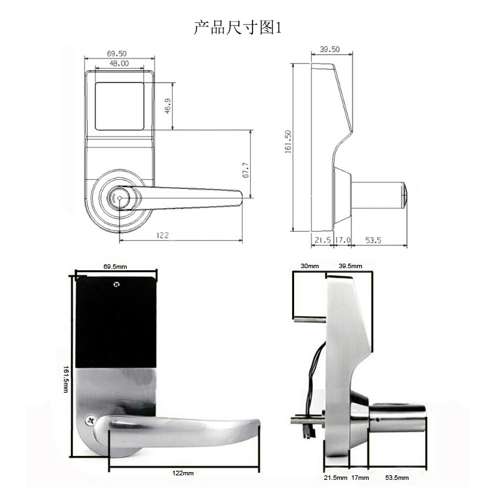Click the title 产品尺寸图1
(x=238, y=27)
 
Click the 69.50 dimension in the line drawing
(x=117, y=53)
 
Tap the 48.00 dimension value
(x=119, y=64)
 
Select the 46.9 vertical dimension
(x=168, y=106)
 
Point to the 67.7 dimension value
(x=245, y=170)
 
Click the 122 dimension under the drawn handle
(x=162, y=235)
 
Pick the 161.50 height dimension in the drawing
(x=288, y=142)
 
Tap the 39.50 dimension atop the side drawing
(x=329, y=49)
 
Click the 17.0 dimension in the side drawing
(x=343, y=240)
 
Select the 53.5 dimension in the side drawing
(x=373, y=240)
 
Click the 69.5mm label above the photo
(x=115, y=266)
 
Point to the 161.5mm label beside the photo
(x=66, y=379)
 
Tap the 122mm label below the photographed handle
(x=183, y=473)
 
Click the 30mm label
(x=310, y=266)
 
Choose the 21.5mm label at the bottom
(x=336, y=478)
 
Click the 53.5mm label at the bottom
(x=397, y=478)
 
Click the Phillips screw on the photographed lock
(x=91, y=421)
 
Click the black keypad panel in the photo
(x=116, y=322)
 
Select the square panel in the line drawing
(x=119, y=106)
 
